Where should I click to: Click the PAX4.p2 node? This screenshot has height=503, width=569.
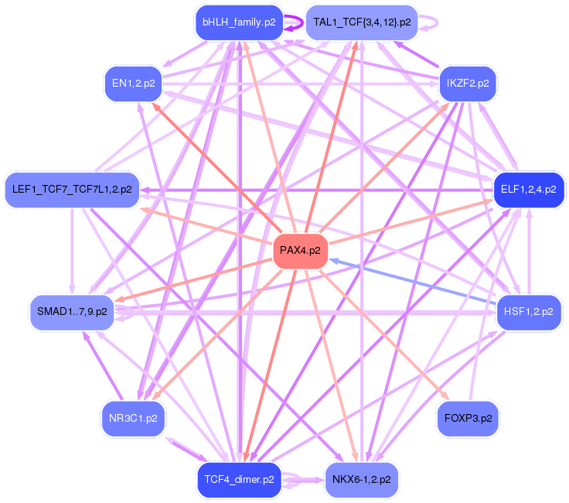(301, 251)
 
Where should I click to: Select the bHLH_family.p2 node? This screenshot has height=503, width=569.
(239, 22)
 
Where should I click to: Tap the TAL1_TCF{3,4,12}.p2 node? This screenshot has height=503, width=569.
(362, 22)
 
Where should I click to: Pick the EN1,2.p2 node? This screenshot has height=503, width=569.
(133, 84)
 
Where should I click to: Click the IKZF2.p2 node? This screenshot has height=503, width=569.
(468, 84)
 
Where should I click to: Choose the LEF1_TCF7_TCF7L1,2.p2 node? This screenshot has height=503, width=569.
(72, 190)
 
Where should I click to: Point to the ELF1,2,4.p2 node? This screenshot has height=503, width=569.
(529, 190)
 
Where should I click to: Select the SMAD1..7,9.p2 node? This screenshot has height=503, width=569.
(72, 313)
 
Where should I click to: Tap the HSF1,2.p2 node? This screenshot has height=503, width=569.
(529, 313)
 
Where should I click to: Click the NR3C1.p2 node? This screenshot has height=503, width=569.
(133, 419)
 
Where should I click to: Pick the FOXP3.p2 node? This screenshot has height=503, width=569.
(468, 419)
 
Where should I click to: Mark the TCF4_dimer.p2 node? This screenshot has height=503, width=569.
(239, 480)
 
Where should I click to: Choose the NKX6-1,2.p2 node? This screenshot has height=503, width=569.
(362, 480)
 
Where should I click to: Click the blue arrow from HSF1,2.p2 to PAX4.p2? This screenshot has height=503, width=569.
(413, 281)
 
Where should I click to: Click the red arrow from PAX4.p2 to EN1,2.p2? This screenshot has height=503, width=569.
(217, 168)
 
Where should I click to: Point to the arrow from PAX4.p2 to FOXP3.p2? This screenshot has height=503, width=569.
(384, 335)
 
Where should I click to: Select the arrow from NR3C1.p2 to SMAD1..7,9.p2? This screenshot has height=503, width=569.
(103, 365)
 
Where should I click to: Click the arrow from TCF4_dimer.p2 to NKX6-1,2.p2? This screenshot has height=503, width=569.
(303, 480)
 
